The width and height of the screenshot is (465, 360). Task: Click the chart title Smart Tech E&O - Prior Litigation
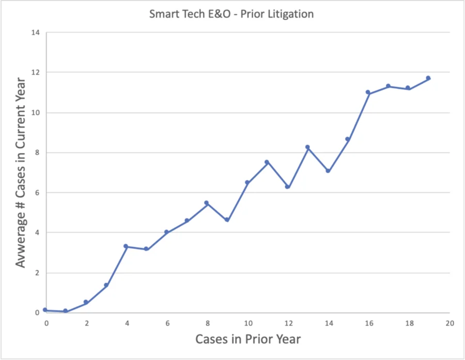coord(231,14)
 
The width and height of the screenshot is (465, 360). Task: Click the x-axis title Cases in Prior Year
coord(248,339)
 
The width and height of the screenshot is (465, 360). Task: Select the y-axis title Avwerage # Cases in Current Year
coord(20,173)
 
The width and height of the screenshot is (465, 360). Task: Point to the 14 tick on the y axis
coord(36,33)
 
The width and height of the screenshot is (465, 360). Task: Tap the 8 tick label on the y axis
coord(37,153)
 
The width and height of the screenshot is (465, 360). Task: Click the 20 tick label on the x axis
coord(450,323)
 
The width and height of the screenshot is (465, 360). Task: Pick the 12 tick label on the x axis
coord(288,323)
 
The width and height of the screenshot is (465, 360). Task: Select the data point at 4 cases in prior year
coord(126,246)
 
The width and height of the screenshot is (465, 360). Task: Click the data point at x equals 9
coord(227,220)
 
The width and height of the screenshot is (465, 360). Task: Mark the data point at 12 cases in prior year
coord(287,186)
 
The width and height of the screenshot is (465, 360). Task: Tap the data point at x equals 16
coord(368,92)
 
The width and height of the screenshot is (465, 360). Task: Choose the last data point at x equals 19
coord(428,78)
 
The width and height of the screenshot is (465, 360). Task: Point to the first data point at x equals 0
coord(45,310)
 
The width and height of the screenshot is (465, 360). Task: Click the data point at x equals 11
coord(267,162)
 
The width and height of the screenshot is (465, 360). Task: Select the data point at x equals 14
coord(328,170)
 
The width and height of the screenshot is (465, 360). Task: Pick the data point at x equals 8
coord(207,203)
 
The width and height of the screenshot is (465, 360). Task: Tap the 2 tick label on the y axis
coord(37,273)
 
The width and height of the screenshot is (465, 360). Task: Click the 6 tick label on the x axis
coord(167,323)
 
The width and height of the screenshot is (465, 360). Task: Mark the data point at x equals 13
coord(307,147)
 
